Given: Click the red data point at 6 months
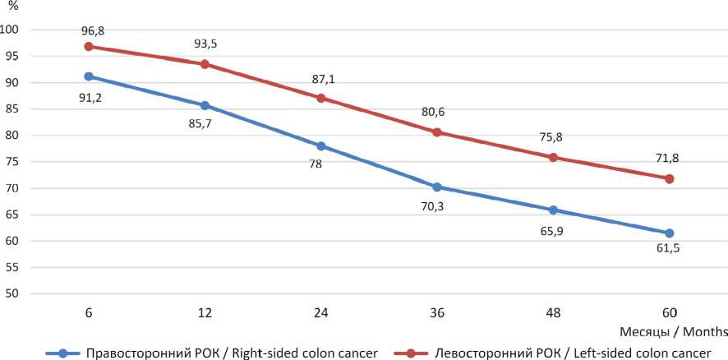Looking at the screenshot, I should [89, 47].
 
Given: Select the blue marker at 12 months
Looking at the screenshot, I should [205, 105].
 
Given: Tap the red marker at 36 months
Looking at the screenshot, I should [437, 132].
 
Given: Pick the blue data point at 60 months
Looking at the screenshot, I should [670, 233].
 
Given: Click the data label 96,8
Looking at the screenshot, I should [93, 31].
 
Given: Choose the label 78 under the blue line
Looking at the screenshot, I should [316, 164].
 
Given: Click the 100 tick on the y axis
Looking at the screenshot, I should [12, 30].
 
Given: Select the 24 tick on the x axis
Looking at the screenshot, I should [321, 312].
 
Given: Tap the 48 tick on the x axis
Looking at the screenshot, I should [553, 312].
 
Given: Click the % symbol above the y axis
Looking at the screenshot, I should [12, 7].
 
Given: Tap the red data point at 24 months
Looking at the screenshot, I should [321, 98].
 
